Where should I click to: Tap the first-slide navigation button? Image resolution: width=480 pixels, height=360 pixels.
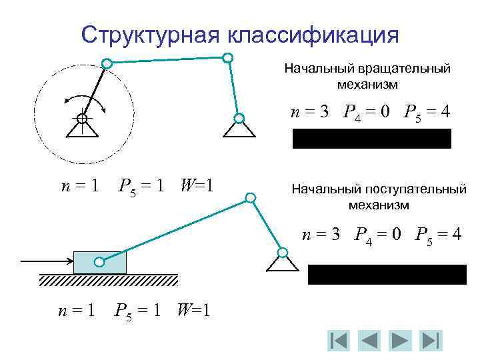point(339,341)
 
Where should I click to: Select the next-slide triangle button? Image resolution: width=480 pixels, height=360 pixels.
point(401,341)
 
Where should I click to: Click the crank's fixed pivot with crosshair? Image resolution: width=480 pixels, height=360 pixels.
point(81,119)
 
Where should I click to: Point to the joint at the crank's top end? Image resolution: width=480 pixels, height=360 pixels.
point(107,63)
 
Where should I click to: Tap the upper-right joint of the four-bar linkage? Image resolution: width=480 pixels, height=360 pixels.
point(227,58)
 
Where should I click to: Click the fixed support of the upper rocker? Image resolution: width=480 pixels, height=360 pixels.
point(237,125)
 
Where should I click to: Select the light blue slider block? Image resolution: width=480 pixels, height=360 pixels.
point(99,262)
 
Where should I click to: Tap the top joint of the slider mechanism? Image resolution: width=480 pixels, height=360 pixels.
point(250,197)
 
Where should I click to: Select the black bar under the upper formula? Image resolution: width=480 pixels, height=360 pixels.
point(371,139)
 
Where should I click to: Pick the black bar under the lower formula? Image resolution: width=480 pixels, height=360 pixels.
point(387,275)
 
